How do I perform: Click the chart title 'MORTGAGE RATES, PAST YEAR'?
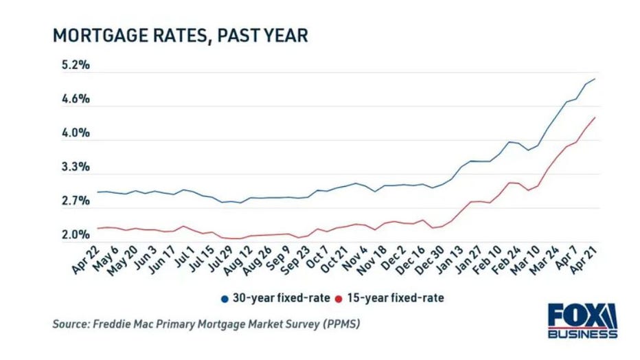coord(180,36)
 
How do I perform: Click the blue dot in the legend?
coord(225,298)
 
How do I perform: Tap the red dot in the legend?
coord(337,298)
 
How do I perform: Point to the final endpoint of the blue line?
coord(594,79)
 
